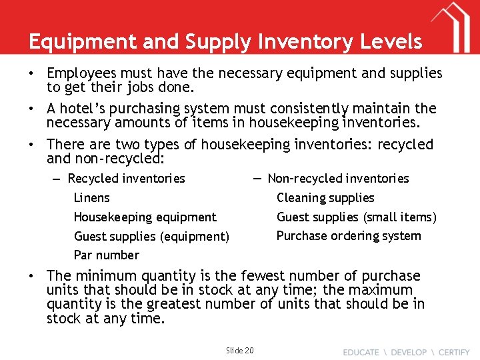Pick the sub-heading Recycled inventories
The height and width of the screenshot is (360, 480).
tap(126, 178)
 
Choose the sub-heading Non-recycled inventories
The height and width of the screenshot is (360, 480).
tap(338, 178)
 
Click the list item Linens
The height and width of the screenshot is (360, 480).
tap(91, 197)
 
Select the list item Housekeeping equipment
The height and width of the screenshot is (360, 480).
tap(145, 217)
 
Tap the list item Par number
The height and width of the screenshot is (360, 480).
tap(106, 255)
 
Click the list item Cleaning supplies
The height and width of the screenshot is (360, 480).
tap(325, 197)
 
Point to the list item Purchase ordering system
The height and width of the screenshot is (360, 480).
tap(348, 235)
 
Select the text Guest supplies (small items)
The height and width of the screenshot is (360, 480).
tap(356, 217)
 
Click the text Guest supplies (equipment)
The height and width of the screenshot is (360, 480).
tap(151, 236)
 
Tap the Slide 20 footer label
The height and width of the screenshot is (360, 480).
tap(239, 350)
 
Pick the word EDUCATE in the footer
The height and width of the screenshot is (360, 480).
tap(361, 351)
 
